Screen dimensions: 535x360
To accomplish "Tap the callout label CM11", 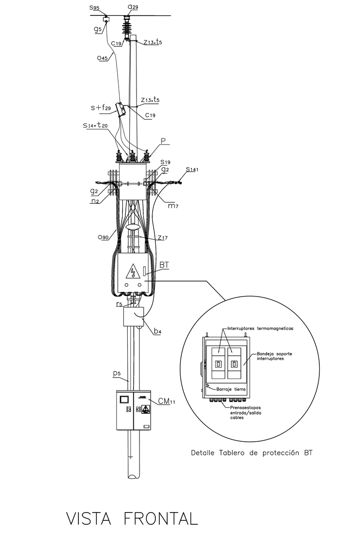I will (x=166, y=402).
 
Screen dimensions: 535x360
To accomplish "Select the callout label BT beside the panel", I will (x=164, y=264).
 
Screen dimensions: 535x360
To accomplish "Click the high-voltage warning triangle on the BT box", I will (x=133, y=271).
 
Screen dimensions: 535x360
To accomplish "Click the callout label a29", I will (x=133, y=7).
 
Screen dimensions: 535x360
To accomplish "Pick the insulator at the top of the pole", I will (x=127, y=25).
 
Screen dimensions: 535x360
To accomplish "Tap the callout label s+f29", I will (x=100, y=108).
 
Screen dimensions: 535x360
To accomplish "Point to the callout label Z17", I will (x=162, y=237).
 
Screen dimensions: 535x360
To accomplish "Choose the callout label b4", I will (x=157, y=332).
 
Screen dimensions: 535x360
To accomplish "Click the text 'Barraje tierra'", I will (x=231, y=389).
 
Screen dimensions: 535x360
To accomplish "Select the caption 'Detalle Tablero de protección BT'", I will (x=251, y=452).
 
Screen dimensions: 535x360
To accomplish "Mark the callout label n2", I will (x=94, y=201).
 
